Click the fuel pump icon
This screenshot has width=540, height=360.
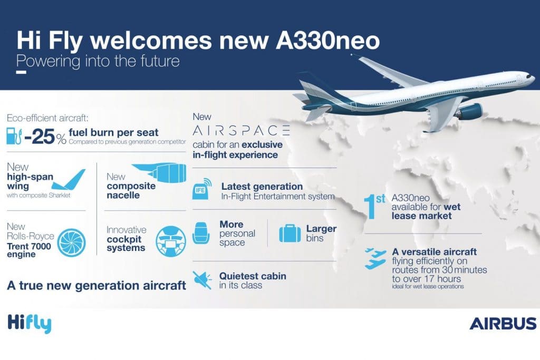click(14, 136)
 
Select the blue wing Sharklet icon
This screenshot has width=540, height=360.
click(69, 180)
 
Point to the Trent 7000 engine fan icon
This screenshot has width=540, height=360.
click(71, 242)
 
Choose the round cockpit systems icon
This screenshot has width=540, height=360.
click(171, 241)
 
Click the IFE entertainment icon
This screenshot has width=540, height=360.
click(202, 189)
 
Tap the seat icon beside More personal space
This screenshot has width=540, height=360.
click(201, 233)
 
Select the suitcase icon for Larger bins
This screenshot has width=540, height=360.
click(290, 233)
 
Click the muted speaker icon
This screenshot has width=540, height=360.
click(202, 280)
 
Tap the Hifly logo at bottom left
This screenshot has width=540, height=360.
click(30, 324)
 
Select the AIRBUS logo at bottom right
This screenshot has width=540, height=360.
click(503, 324)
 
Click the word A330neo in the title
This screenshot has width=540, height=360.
click(327, 41)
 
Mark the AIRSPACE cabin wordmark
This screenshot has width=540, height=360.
click(241, 131)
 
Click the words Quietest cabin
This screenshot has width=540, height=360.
click(253, 276)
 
